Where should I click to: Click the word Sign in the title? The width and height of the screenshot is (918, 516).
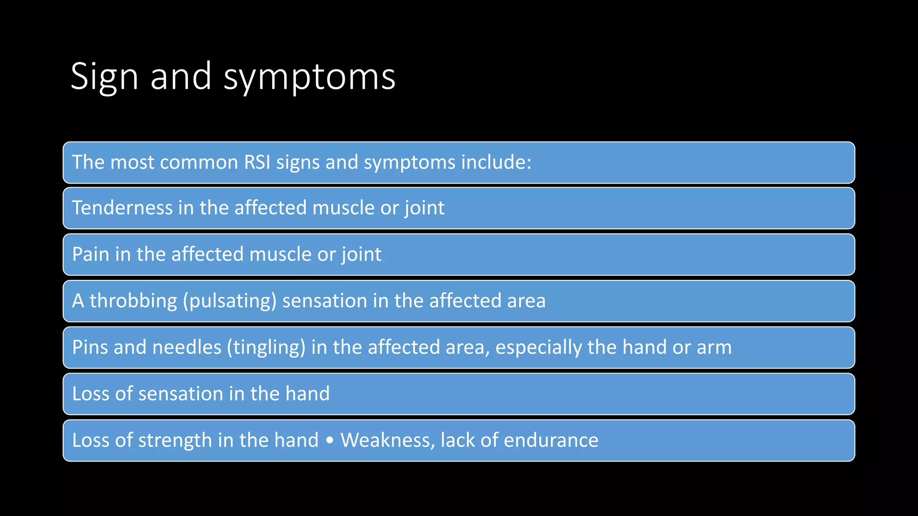point(104,77)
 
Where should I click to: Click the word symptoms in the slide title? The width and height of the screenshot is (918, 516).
point(309,77)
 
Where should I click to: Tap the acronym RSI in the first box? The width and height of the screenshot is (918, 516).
point(257,162)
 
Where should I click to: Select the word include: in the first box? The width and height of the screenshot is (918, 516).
point(496,162)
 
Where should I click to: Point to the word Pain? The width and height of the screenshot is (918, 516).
point(91,254)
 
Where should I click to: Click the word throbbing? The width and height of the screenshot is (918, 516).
point(133,301)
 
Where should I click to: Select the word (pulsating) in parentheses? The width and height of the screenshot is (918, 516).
point(229,301)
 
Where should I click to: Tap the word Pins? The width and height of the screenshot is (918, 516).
point(90,347)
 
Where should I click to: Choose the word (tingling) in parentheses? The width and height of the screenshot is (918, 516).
point(266,347)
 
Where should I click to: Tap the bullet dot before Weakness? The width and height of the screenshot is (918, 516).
point(330,441)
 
